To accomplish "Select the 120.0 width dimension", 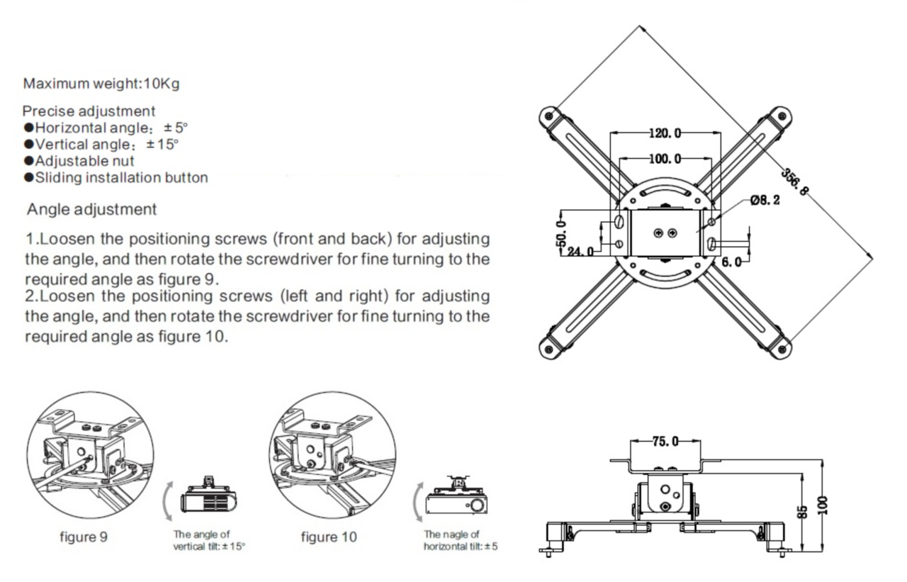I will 665,133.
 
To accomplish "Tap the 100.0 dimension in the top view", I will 665,158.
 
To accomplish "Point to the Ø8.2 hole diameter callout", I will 765,201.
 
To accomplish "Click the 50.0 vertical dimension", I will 561,231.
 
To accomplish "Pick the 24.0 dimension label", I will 580,251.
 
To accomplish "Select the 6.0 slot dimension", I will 732,262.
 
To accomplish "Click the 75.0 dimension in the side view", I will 665,442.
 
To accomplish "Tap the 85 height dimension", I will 803,510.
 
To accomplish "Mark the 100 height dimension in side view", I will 822,505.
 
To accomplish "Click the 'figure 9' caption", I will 83,537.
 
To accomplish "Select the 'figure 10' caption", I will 329,537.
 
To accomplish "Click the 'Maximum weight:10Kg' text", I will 101,84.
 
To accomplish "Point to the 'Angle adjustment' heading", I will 91,210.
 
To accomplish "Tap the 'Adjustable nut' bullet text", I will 84,161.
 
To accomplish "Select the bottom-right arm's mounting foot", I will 780,348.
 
